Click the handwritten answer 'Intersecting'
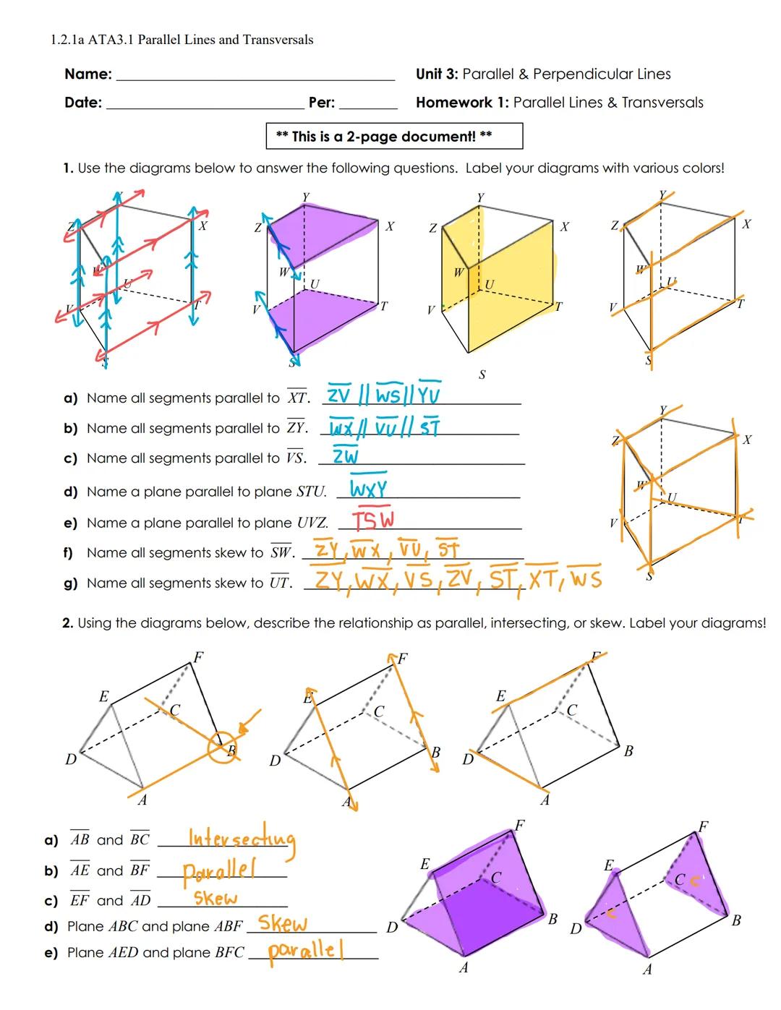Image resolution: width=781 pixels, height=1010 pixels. point(242,839)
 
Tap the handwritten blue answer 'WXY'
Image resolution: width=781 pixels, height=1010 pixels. point(369,489)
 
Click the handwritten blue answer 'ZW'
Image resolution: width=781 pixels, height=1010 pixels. point(346,456)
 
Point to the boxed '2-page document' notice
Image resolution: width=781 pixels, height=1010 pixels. point(394,137)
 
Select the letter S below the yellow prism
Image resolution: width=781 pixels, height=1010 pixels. point(482,375)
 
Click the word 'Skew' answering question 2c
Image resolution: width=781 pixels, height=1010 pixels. point(215,899)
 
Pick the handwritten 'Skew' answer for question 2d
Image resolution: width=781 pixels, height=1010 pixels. point(283,923)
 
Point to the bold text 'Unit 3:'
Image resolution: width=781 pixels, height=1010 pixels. point(437,74)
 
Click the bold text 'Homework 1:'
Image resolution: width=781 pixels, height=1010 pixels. point(462,103)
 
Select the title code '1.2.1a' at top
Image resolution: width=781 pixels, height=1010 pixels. point(67,40)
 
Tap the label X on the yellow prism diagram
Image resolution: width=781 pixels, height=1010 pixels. point(564,227)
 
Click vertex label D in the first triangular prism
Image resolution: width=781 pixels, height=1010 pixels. point(70,760)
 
